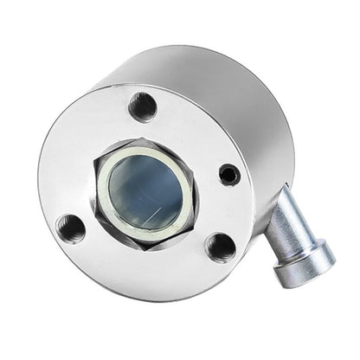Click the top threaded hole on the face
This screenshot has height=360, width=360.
coord(143,106)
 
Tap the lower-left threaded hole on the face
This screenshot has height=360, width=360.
coord(72,228)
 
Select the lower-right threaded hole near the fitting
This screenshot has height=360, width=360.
coord(221,247)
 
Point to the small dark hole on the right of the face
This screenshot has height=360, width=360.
coord(229,174)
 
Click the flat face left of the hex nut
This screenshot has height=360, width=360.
coord(65,177)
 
